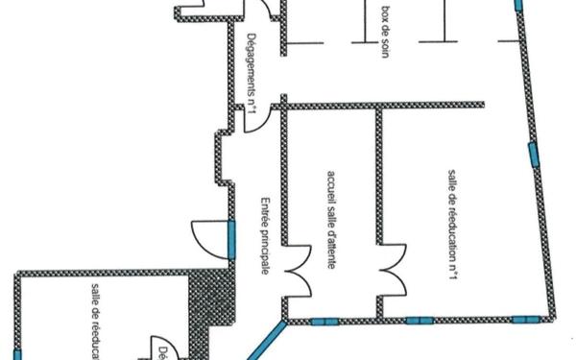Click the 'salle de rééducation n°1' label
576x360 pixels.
(451, 224)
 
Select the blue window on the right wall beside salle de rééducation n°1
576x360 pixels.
(531, 154)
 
